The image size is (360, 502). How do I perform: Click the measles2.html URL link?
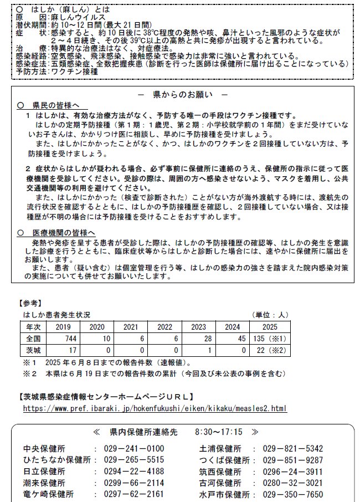tap(155, 408)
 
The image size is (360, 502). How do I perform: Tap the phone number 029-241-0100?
tap(133, 448)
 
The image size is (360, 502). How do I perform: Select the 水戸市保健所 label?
tap(222, 494)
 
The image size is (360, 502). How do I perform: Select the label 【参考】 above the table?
tap(30, 303)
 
